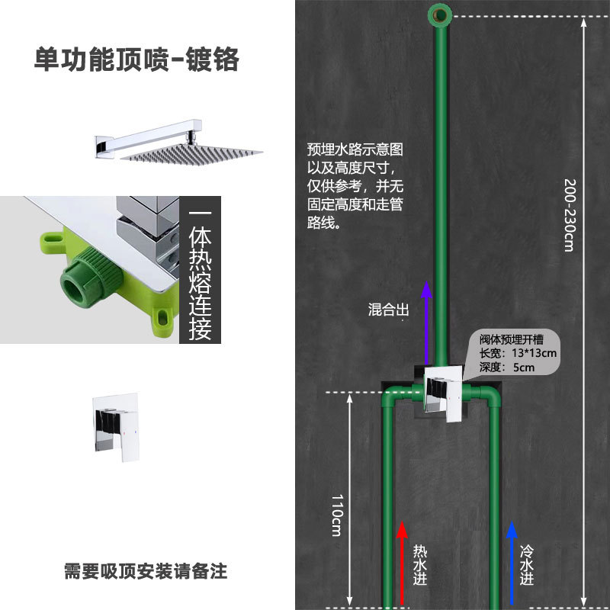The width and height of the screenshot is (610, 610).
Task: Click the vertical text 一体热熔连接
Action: [x=200, y=274]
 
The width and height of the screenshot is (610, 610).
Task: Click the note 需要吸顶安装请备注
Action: [x=146, y=570]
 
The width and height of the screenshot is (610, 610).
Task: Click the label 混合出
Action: [x=389, y=310]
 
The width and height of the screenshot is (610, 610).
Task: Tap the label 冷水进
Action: [x=528, y=564]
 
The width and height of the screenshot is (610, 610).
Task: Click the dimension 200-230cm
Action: [x=568, y=213]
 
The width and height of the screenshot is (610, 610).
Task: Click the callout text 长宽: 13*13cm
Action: [x=518, y=354]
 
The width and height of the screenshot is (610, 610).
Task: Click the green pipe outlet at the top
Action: [x=439, y=12]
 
